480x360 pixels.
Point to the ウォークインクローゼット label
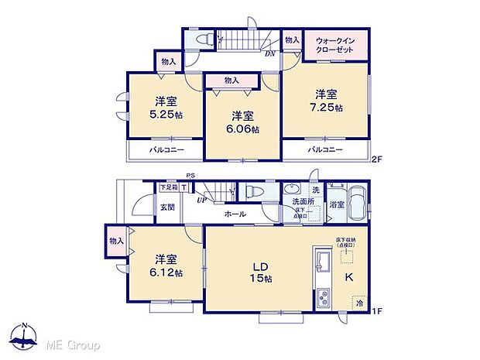[335, 44]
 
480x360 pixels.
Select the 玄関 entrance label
[167, 207]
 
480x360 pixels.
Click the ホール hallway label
[235, 214]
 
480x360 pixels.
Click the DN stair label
[270, 53]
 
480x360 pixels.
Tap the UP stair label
[202, 200]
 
